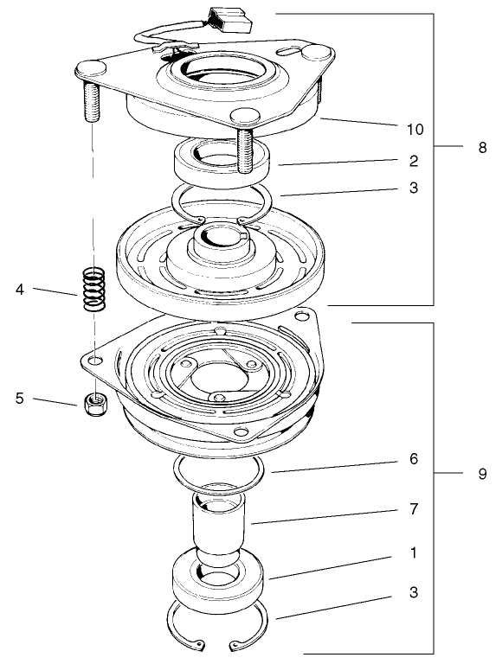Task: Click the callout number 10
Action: coord(415,129)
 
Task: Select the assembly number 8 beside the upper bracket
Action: coord(482,148)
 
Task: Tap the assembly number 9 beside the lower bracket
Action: coord(482,474)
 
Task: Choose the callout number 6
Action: coord(415,460)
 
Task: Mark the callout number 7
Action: coord(415,511)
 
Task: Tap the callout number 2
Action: coord(415,161)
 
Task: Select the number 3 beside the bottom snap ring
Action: coord(415,593)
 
